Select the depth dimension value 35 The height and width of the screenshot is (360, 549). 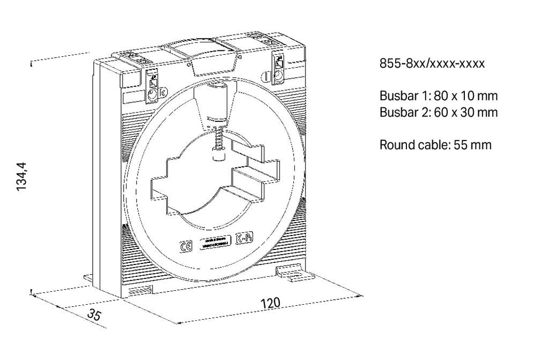pyautogui.click(x=94, y=314)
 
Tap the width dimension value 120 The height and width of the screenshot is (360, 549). pyautogui.click(x=270, y=303)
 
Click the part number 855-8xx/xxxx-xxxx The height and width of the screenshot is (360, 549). pyautogui.click(x=432, y=64)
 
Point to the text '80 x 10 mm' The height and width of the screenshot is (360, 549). pyautogui.click(x=465, y=96)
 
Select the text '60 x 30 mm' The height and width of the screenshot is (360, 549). pyautogui.click(x=465, y=113)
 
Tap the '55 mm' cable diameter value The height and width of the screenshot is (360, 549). pyautogui.click(x=472, y=145)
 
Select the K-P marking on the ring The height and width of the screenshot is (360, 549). pyautogui.click(x=244, y=239)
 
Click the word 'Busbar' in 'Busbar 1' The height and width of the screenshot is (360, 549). pyautogui.click(x=397, y=96)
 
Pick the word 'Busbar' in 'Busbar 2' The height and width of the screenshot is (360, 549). pyautogui.click(x=397, y=113)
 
